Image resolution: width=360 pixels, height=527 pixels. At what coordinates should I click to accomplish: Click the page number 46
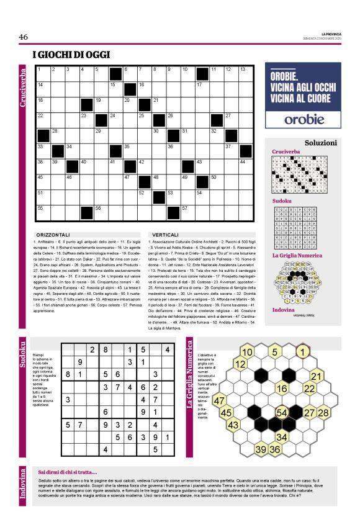coord(24,37)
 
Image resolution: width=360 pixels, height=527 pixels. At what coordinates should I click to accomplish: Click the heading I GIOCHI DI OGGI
coord(72,55)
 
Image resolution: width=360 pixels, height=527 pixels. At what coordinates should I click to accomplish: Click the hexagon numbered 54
coord(282,412)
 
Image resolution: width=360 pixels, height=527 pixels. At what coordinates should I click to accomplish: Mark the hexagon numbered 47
coord(219,401)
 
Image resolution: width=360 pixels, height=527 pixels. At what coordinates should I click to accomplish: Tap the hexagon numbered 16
coord(282,389)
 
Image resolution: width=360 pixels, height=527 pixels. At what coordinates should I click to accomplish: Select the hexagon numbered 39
coord(261,449)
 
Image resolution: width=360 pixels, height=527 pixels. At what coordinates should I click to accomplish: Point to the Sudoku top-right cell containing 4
coord(167,350)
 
